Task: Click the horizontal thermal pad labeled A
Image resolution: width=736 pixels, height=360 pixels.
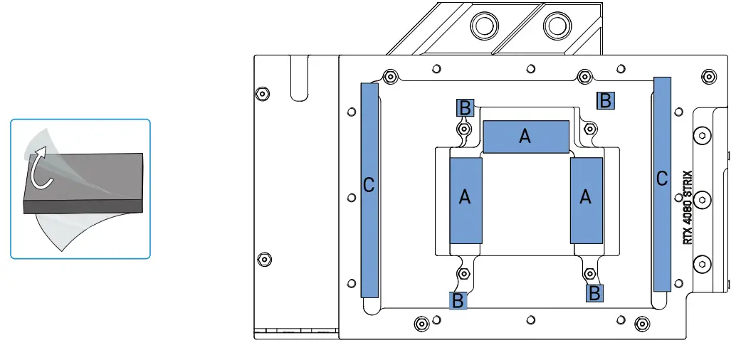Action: click(x=526, y=137)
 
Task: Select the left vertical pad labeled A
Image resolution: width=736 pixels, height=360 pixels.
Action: click(x=466, y=201)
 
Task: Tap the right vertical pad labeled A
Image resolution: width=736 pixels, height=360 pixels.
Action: click(x=587, y=201)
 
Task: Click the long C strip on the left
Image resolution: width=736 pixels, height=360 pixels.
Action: click(x=369, y=189)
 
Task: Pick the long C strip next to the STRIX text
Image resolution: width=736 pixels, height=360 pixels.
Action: click(x=662, y=184)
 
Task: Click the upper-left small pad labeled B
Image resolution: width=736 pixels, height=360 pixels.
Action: click(x=464, y=107)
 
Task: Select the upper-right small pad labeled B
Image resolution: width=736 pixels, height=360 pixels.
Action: click(x=605, y=100)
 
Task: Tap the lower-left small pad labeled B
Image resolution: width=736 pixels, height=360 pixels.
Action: click(x=458, y=300)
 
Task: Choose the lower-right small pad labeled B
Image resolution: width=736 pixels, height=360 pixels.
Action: click(x=594, y=292)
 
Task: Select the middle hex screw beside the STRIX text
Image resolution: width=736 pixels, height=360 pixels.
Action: click(x=701, y=200)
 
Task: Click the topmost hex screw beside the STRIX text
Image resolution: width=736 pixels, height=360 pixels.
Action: click(x=701, y=135)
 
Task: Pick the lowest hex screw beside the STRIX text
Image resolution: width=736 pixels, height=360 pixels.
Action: click(x=701, y=264)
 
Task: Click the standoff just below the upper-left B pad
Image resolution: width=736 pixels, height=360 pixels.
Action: click(x=464, y=129)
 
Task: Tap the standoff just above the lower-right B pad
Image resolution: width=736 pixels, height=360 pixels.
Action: click(x=589, y=273)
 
